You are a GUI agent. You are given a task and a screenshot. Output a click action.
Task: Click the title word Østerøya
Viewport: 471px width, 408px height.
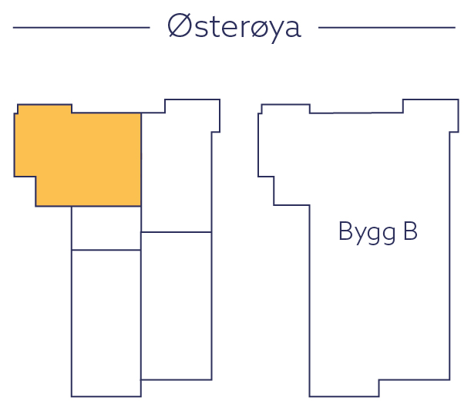[x=234, y=27]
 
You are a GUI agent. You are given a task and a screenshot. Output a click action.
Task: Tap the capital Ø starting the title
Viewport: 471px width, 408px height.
[x=179, y=26]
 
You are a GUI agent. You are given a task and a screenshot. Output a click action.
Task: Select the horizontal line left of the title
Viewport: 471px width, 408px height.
[x=81, y=28]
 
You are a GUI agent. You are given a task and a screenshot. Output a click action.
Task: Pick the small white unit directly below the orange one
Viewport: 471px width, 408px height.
[x=106, y=228]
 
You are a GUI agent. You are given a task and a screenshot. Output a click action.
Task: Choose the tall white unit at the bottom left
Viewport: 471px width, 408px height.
[x=106, y=322]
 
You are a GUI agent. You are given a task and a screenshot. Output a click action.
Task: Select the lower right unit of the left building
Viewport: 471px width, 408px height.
[x=177, y=305]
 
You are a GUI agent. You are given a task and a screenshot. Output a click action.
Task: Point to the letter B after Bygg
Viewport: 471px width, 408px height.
[x=409, y=232]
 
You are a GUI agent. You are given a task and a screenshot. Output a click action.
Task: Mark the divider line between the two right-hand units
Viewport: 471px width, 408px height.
[x=177, y=232]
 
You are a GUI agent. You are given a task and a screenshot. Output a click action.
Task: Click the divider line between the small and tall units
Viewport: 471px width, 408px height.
[x=106, y=250]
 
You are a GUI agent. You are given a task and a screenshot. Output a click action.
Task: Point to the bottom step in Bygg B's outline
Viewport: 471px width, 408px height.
[x=414, y=388]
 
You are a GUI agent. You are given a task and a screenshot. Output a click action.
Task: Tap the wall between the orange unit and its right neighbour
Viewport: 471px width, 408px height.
[x=141, y=158]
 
